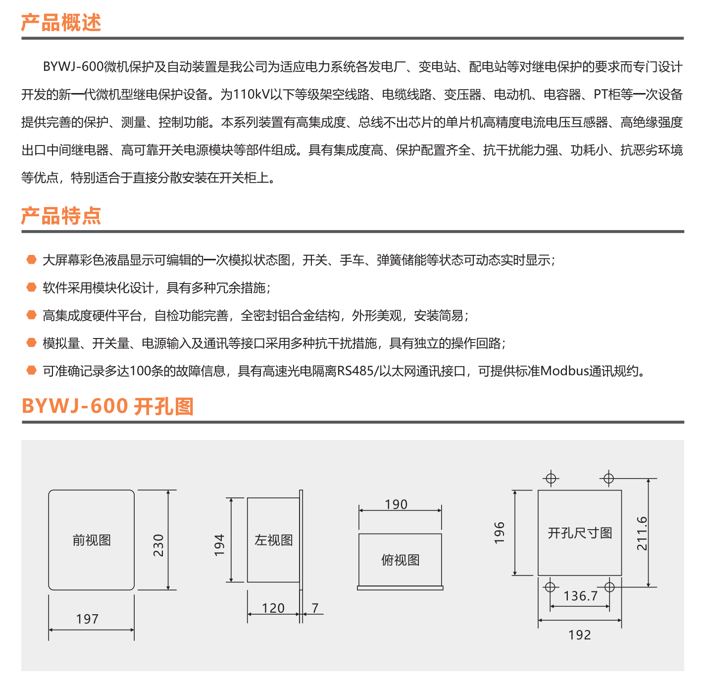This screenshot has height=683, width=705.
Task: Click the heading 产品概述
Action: (61, 22)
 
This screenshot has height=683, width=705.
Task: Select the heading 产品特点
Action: (61, 216)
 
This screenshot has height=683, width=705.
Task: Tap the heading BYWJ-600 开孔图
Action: (107, 406)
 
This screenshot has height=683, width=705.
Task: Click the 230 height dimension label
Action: (159, 545)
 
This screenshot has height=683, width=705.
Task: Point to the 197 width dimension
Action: (87, 619)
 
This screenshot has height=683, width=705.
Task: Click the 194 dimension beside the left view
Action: (219, 545)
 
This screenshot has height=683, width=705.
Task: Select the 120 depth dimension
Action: (273, 608)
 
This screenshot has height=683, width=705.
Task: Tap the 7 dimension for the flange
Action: (315, 608)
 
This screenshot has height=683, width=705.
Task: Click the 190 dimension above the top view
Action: (396, 504)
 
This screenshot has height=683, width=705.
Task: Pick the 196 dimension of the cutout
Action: (499, 533)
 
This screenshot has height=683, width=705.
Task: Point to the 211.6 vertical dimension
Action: (642, 534)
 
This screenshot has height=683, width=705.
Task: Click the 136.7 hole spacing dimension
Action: (580, 596)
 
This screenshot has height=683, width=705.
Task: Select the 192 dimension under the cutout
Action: (580, 635)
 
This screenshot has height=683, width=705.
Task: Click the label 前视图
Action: (92, 540)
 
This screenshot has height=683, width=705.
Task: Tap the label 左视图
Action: (273, 540)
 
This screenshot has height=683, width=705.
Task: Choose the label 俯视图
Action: (401, 560)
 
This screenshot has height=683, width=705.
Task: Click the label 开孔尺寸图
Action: (580, 533)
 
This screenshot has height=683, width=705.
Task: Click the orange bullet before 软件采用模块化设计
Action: (32, 287)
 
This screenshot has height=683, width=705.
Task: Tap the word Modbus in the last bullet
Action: (565, 371)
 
